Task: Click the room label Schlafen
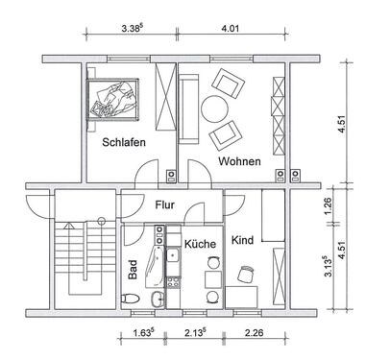coord(124,143)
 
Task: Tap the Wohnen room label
coord(239,162)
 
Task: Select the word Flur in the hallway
coord(166,204)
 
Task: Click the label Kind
coord(242,240)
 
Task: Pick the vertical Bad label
coord(133,272)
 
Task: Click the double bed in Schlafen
coord(113,99)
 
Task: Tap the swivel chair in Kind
coord(245,275)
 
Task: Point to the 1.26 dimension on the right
coord(353,203)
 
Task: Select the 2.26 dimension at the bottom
coord(255,334)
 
